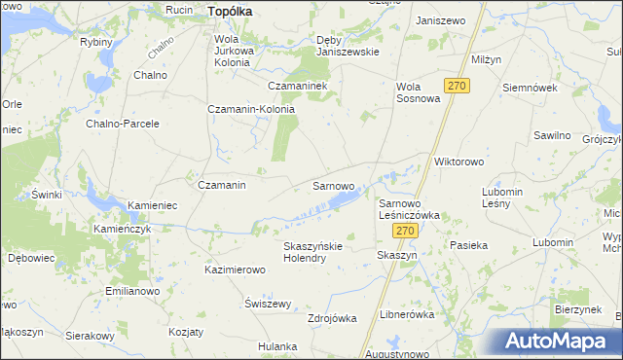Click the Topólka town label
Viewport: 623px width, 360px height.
click(x=230, y=11)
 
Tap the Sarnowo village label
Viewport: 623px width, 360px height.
click(x=332, y=184)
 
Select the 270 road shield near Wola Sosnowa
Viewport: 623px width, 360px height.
click(x=457, y=86)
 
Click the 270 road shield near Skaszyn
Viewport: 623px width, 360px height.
click(x=406, y=231)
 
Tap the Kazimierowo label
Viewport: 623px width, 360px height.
click(x=235, y=269)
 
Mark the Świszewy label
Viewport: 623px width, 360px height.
click(x=269, y=303)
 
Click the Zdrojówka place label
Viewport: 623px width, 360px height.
click(x=332, y=318)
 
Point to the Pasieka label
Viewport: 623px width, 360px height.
click(x=468, y=246)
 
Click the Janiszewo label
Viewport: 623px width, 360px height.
click(x=438, y=20)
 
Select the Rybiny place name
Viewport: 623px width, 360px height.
click(x=96, y=42)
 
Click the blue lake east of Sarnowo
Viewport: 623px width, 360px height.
click(x=343, y=200)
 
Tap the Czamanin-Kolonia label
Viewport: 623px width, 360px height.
click(x=251, y=109)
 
